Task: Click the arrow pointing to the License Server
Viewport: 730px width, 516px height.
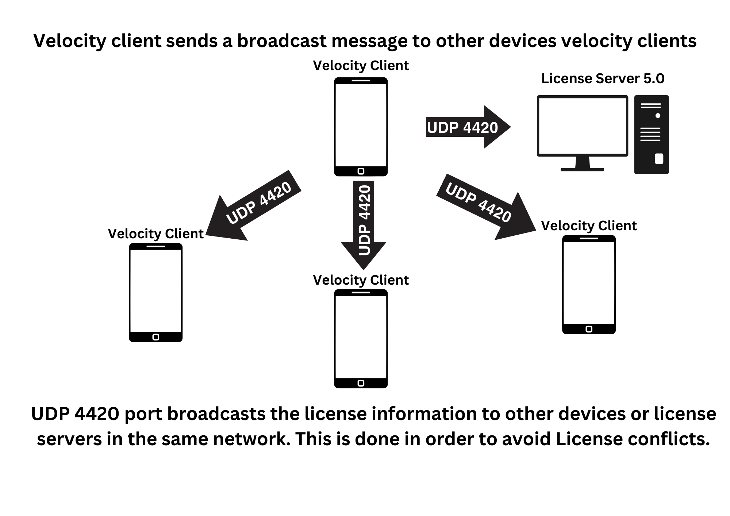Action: tap(467, 127)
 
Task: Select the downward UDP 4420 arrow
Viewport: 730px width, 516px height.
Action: tap(364, 223)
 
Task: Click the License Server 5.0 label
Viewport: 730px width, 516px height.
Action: tap(603, 78)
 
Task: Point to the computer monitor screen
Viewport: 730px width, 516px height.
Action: tap(582, 126)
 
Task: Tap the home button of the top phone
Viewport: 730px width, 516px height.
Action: tap(361, 171)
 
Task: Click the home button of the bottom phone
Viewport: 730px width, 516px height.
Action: tap(361, 383)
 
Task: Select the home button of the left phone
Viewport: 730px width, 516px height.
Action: tap(156, 337)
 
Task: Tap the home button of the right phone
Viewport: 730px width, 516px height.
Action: tap(589, 329)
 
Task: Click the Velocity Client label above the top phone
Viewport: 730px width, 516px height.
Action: tap(361, 66)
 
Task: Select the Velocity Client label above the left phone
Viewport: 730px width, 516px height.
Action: tap(155, 234)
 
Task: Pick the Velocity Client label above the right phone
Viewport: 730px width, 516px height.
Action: tap(588, 226)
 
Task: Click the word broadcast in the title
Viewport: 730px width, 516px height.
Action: tap(282, 41)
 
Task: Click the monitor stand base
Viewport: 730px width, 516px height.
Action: tap(582, 169)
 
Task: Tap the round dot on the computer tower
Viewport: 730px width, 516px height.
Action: tap(658, 116)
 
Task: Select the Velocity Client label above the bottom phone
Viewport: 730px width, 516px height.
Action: tap(361, 280)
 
